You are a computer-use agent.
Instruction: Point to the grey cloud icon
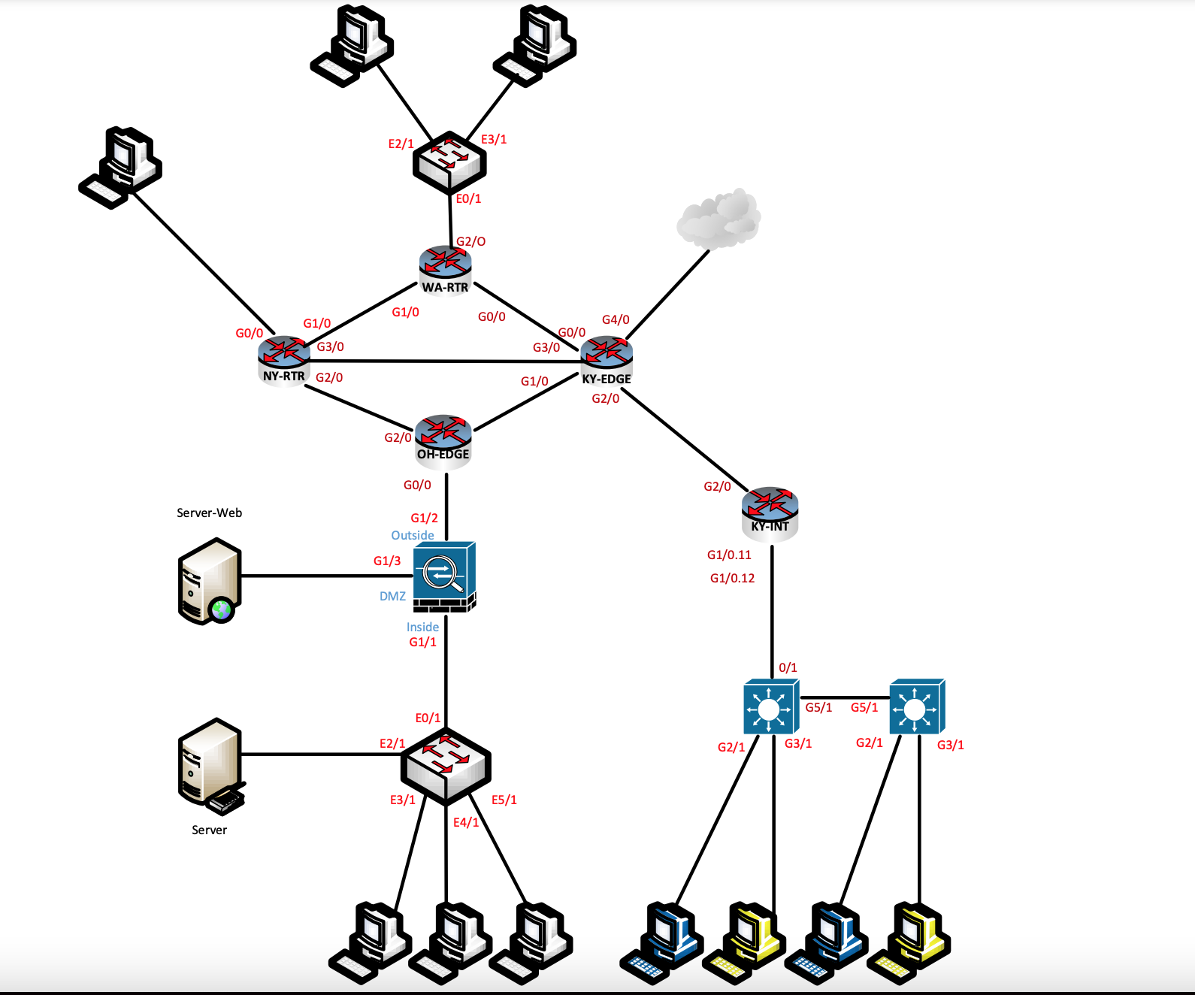click(719, 219)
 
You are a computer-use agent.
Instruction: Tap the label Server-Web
click(209, 513)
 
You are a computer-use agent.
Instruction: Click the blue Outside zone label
click(412, 536)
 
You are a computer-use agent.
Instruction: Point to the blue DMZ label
click(392, 597)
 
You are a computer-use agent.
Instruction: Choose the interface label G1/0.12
click(732, 579)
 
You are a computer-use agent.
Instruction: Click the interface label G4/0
click(616, 320)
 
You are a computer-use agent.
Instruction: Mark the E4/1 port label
click(465, 823)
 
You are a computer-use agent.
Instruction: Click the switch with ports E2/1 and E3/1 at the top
click(449, 162)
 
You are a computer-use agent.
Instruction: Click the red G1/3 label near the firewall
click(387, 561)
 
